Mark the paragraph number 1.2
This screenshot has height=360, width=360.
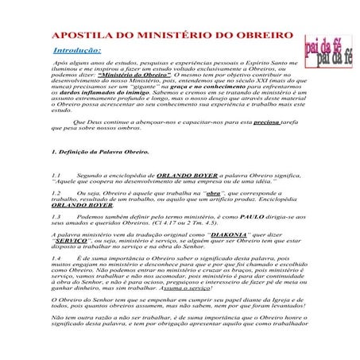point(56,192)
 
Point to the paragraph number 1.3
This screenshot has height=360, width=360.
point(56,216)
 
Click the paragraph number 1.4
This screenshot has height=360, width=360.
point(56,259)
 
